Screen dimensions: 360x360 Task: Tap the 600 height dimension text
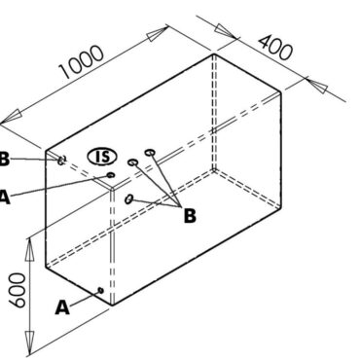click(18, 289)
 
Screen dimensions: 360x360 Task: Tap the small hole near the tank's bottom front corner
click(101, 290)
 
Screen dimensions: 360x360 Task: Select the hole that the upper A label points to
click(112, 175)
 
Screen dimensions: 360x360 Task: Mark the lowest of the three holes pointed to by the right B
click(129, 199)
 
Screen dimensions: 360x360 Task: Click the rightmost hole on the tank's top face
click(150, 152)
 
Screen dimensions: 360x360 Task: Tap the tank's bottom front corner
click(113, 306)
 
